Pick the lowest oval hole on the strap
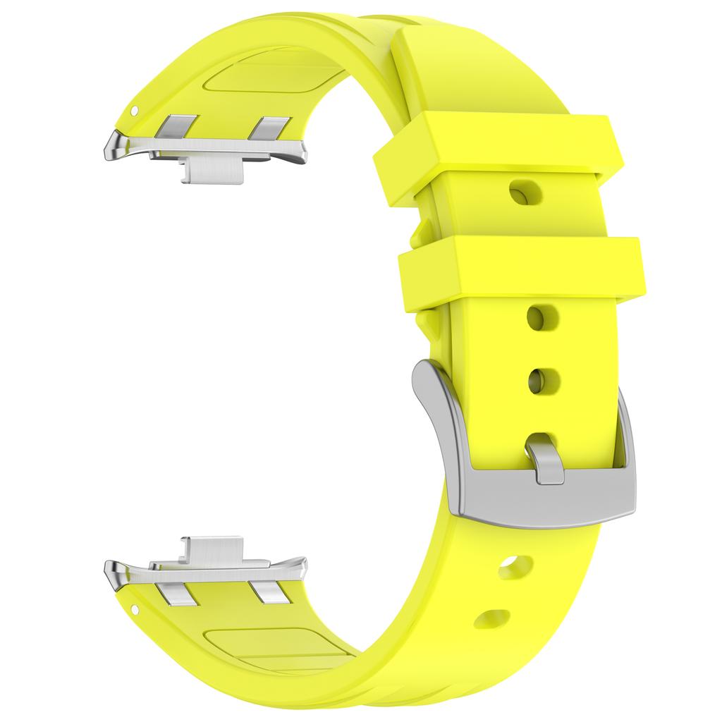[492, 618]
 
